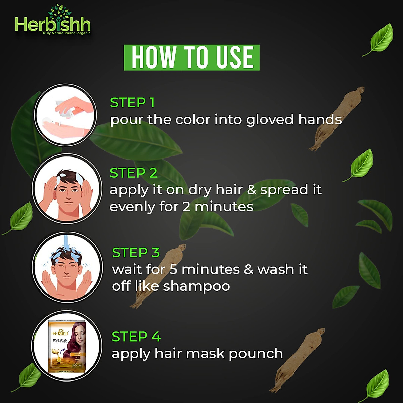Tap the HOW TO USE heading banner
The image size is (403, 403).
(192, 57)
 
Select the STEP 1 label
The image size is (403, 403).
(132, 103)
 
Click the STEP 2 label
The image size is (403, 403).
(133, 173)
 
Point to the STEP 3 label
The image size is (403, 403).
(136, 253)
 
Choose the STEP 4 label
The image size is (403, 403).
(136, 337)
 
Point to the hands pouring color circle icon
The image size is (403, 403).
(65, 115)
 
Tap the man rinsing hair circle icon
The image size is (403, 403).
(67, 268)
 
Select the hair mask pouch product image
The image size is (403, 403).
(67, 346)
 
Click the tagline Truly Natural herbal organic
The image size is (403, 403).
(66, 33)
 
